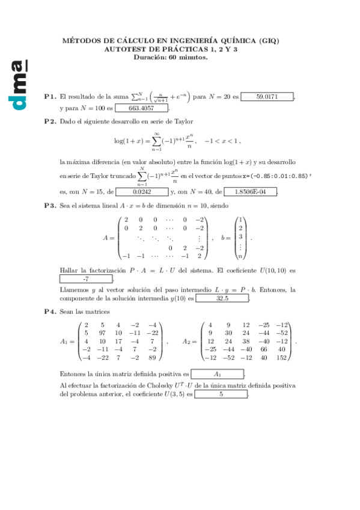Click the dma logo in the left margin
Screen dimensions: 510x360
(19, 84)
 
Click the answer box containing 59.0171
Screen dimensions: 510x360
(267, 96)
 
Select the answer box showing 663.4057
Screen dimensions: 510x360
(141, 108)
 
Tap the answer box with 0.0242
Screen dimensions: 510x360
(142, 192)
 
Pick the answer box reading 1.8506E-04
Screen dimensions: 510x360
(250, 192)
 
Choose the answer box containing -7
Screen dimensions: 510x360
(86, 279)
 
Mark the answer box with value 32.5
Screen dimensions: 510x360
(222, 298)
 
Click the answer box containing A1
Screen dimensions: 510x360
(217, 373)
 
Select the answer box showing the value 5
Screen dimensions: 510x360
(221, 395)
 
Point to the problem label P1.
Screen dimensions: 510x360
(50, 96)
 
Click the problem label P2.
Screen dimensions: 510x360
(50, 121)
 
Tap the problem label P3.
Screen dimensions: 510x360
(50, 206)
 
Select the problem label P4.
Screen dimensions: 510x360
(50, 312)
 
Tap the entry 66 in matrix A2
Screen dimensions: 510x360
(264, 349)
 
